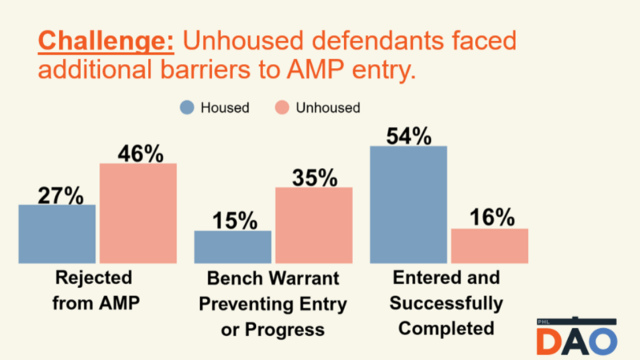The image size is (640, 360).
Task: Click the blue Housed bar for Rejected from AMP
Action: [x=57, y=234]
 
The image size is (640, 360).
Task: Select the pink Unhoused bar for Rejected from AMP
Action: [x=138, y=213]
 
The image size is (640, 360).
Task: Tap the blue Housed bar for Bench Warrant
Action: [x=233, y=246]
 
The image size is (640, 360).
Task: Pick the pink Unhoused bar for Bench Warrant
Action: [x=314, y=225]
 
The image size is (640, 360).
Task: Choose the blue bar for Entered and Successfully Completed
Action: [x=409, y=204]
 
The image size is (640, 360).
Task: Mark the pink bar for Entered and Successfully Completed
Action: [x=490, y=246]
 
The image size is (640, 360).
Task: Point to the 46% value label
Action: [x=141, y=153]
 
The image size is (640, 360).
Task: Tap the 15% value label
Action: [x=236, y=220]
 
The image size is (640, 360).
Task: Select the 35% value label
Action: [x=315, y=177]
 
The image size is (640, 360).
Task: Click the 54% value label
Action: [x=410, y=135]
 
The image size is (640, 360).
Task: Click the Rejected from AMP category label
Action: [x=94, y=290]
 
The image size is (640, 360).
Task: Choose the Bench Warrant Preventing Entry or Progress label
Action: [x=272, y=304]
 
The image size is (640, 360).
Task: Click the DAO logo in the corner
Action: [x=577, y=338]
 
